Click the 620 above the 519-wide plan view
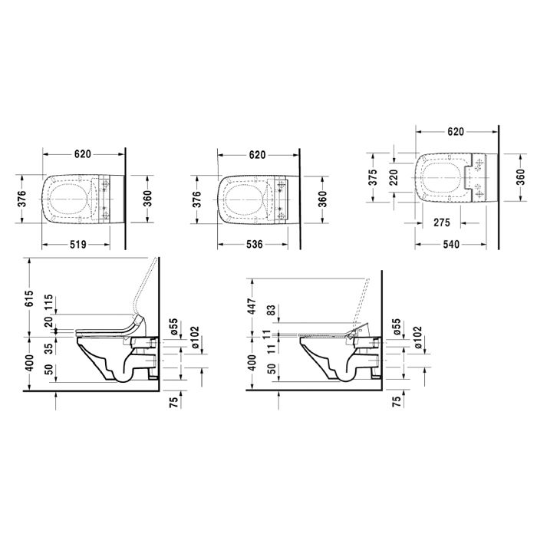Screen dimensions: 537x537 [x=85, y=154]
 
